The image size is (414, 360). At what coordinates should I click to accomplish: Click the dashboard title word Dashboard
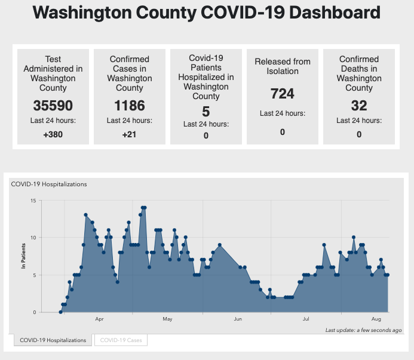(x=332, y=13)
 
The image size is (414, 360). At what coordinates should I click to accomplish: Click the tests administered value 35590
(x=53, y=106)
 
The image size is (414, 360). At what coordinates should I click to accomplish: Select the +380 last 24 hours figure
(x=53, y=134)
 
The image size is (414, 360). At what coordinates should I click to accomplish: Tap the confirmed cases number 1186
(x=129, y=106)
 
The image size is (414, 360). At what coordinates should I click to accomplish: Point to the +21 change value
(x=129, y=134)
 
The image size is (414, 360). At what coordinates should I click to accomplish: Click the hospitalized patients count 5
(x=206, y=111)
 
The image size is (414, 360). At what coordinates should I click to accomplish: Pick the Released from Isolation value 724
(x=282, y=94)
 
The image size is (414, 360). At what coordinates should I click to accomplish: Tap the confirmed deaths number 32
(x=358, y=106)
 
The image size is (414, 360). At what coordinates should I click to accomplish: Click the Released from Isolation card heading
(x=282, y=66)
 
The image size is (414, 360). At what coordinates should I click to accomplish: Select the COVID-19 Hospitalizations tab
(x=53, y=340)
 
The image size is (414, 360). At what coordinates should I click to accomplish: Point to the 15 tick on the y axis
(x=33, y=200)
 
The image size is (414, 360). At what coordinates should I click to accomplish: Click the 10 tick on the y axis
(x=33, y=238)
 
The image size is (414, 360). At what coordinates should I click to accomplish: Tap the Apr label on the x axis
(x=99, y=319)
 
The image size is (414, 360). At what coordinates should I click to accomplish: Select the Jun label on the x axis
(x=237, y=319)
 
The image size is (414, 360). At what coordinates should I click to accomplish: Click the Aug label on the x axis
(x=376, y=319)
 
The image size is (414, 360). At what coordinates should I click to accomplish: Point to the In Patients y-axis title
(x=24, y=256)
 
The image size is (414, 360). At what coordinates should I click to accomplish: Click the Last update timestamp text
(x=363, y=330)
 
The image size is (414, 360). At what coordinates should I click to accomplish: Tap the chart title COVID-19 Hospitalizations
(x=49, y=184)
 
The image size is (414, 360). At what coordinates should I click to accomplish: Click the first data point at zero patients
(x=60, y=312)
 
